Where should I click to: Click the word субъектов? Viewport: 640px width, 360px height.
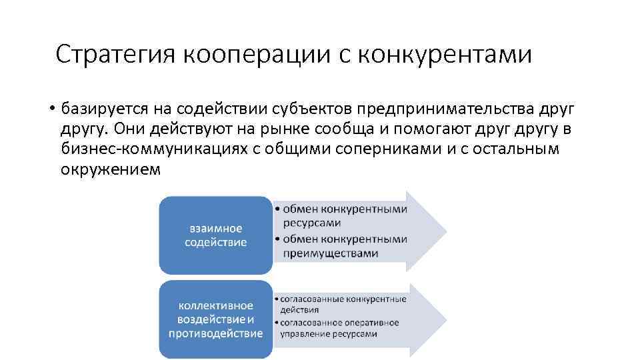pos(313,108)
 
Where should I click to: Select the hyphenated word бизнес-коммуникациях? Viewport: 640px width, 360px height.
pos(155,149)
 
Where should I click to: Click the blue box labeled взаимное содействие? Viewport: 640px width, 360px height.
pos(215,235)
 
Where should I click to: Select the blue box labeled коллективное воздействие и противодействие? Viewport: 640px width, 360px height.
pos(215,319)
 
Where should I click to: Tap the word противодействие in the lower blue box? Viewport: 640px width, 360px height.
pos(215,333)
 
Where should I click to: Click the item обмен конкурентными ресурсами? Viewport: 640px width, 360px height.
pos(343,216)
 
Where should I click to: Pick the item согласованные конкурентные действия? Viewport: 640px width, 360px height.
pos(341,304)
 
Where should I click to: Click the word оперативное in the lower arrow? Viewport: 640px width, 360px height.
pos(369,323)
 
